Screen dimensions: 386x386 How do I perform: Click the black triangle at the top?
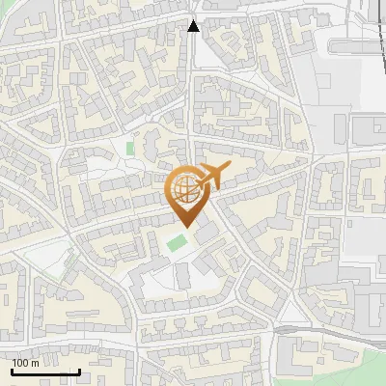point(193,26)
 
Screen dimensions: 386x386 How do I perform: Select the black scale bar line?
point(45,372)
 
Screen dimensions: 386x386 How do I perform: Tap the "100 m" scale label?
point(26,363)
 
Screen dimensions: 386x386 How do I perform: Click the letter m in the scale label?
point(35,363)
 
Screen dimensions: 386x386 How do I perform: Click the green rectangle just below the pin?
point(176,242)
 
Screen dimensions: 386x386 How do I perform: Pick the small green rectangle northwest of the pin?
point(129,149)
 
